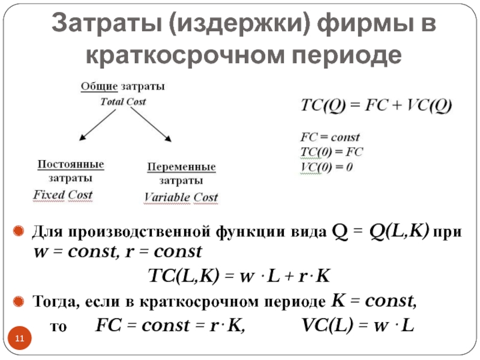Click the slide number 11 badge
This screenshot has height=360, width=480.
pyautogui.click(x=20, y=341)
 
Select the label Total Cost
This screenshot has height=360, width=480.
pyautogui.click(x=122, y=101)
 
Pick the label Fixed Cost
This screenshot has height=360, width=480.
pyautogui.click(x=63, y=195)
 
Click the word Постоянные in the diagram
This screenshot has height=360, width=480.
pyautogui.click(x=71, y=164)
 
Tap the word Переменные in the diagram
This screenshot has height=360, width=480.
pyautogui.click(x=181, y=167)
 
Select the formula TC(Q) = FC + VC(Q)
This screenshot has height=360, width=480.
pyautogui.click(x=377, y=106)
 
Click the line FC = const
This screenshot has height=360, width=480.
pyautogui.click(x=329, y=137)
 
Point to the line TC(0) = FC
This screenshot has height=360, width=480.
pyautogui.click(x=332, y=152)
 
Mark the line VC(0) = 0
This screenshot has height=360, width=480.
pyautogui.click(x=328, y=167)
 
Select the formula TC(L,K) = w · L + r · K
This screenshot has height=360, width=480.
pyautogui.click(x=239, y=276)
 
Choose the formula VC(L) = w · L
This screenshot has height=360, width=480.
pyautogui.click(x=358, y=326)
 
